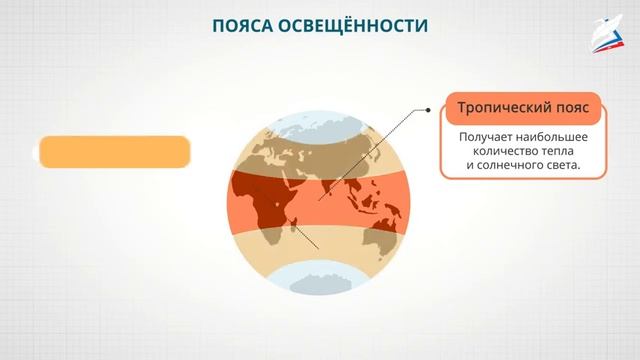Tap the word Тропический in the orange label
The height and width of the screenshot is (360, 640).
[500, 106]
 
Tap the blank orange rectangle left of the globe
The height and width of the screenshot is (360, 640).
[112, 151]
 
